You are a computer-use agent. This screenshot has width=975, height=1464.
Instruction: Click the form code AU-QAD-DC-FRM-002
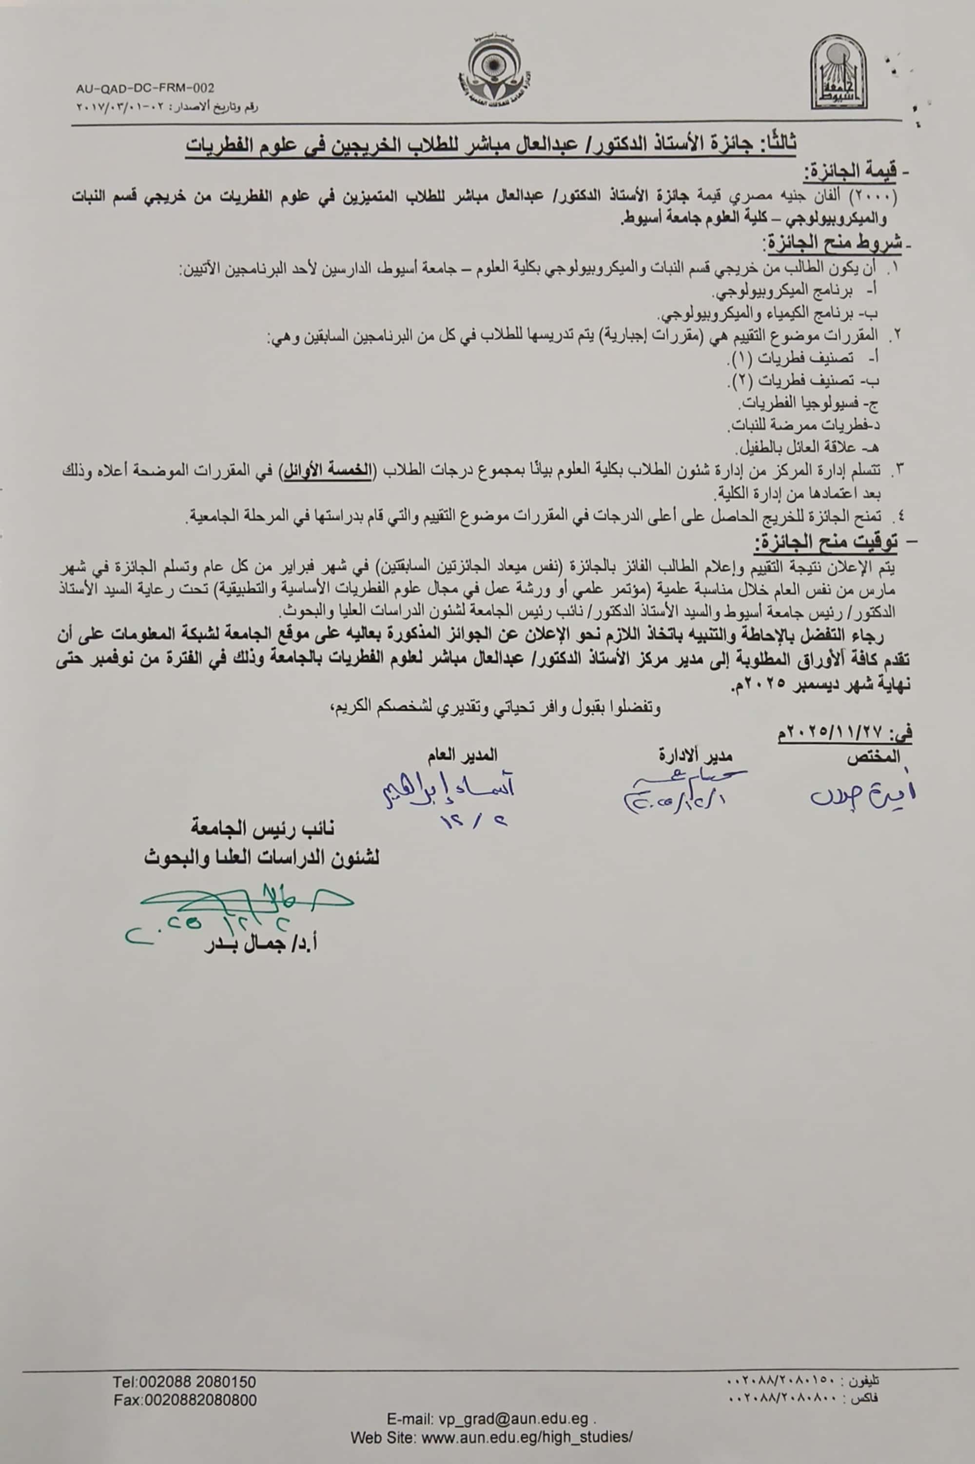point(145,89)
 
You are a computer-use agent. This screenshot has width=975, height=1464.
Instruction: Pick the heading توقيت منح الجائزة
point(827,543)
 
